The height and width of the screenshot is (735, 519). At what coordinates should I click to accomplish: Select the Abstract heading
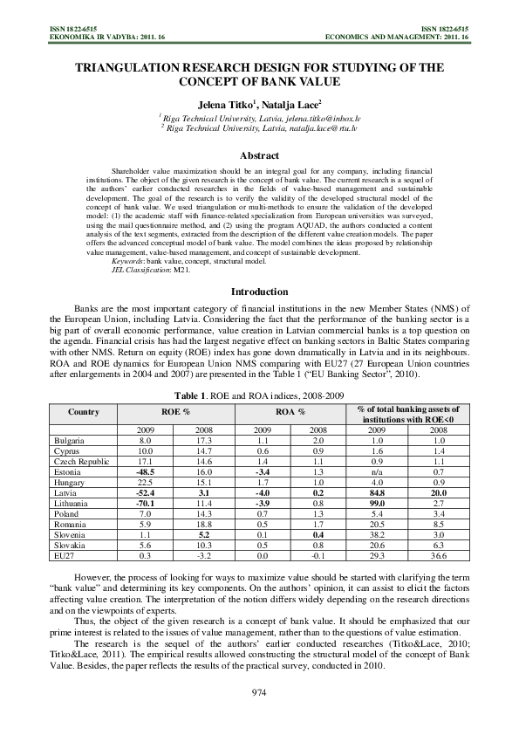(x=259, y=155)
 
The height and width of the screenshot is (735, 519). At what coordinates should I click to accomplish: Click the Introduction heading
(x=259, y=292)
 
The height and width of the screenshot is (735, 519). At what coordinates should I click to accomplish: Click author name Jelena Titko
(x=229, y=102)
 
